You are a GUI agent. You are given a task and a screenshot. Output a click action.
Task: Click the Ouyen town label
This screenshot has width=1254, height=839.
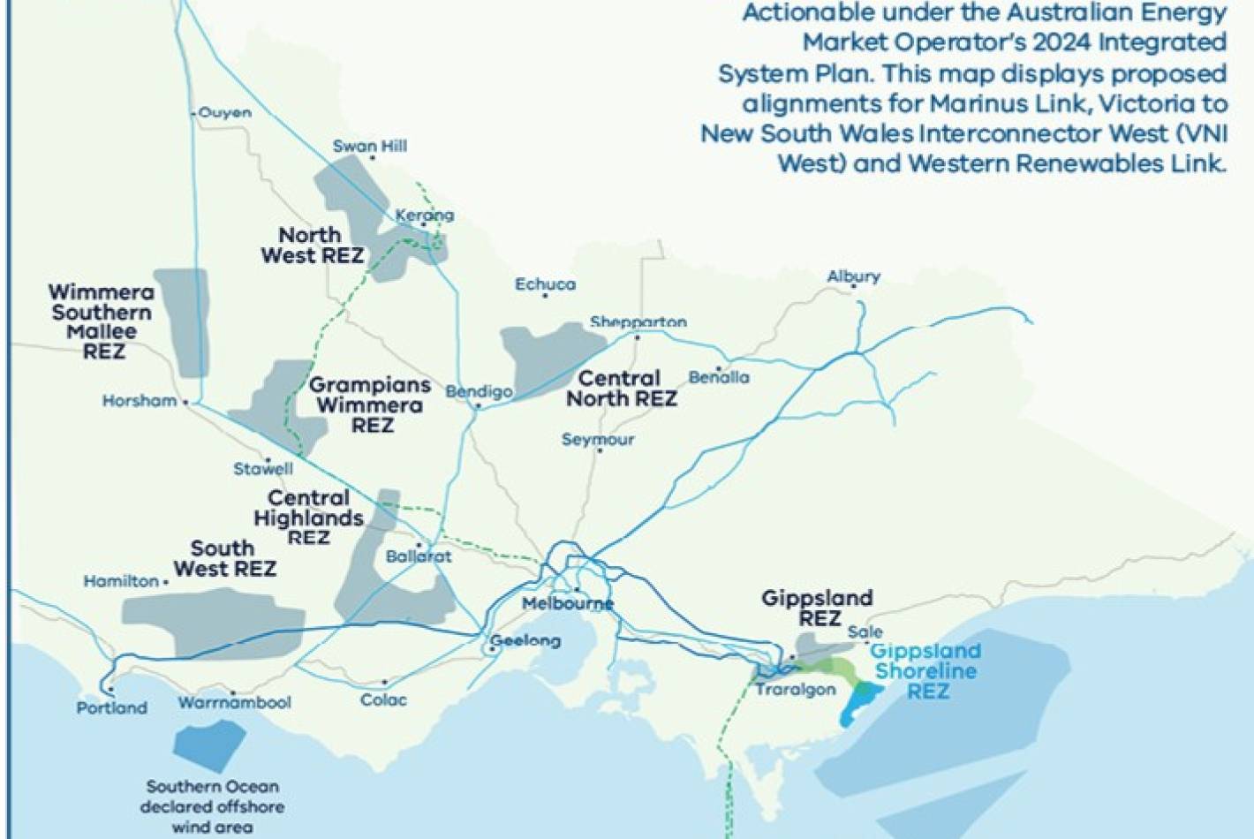tap(225, 113)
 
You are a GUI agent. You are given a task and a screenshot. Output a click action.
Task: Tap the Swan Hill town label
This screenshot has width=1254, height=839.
tap(370, 146)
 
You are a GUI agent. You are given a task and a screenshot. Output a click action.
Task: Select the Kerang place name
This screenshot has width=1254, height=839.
tap(425, 215)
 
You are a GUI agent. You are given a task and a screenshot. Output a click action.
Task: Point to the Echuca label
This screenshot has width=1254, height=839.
tap(545, 284)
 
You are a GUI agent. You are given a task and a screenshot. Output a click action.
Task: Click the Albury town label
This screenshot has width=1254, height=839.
tap(853, 276)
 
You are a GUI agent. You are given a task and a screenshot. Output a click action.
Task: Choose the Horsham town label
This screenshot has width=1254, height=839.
tap(140, 401)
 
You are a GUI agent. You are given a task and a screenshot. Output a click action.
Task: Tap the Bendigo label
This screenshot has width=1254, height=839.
tap(479, 391)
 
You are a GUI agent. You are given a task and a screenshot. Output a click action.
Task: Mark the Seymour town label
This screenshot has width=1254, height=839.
tap(598, 439)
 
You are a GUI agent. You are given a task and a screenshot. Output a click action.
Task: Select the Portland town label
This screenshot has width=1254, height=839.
tap(111, 707)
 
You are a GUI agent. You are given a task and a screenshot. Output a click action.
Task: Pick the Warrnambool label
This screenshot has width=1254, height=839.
tap(234, 703)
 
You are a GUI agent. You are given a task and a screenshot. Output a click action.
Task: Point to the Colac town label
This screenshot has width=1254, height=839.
tap(383, 699)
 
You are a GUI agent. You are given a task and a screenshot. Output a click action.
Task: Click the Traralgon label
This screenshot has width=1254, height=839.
tap(795, 689)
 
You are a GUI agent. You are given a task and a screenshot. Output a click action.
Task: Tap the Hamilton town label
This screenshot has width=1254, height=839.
tap(121, 581)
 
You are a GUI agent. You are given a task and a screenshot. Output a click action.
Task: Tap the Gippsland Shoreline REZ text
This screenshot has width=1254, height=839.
tap(925, 671)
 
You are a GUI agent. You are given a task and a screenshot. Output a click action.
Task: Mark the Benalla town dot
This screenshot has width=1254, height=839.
tap(719, 367)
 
